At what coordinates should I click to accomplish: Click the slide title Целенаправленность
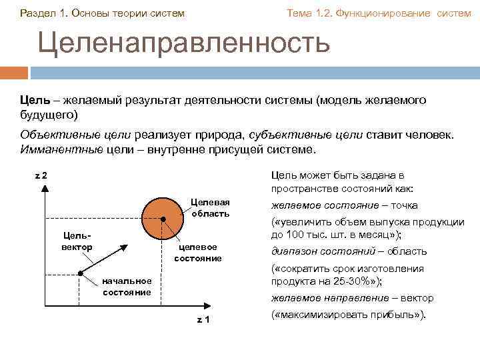[x=183, y=42]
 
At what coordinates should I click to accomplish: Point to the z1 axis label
[x=203, y=319]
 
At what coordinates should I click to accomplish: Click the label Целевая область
[x=210, y=207]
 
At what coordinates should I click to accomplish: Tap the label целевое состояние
[x=197, y=252]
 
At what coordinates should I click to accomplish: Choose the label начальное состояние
[x=127, y=287]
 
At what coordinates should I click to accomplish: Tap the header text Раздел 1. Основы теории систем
[x=103, y=13]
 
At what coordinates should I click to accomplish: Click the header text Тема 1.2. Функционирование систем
[x=378, y=13]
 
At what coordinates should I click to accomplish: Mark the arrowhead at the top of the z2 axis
[x=44, y=188]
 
